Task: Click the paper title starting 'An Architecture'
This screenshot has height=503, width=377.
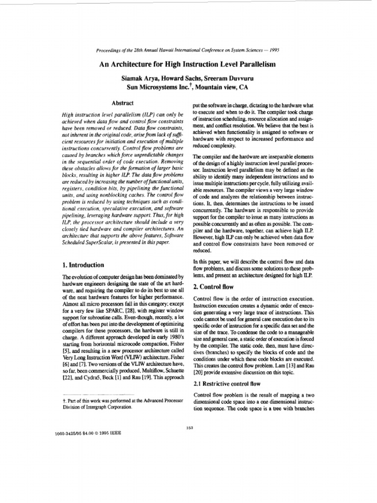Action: click(188, 65)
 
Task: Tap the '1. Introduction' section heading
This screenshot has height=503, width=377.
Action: click(81, 264)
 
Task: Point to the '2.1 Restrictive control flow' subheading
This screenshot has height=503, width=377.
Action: click(228, 383)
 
